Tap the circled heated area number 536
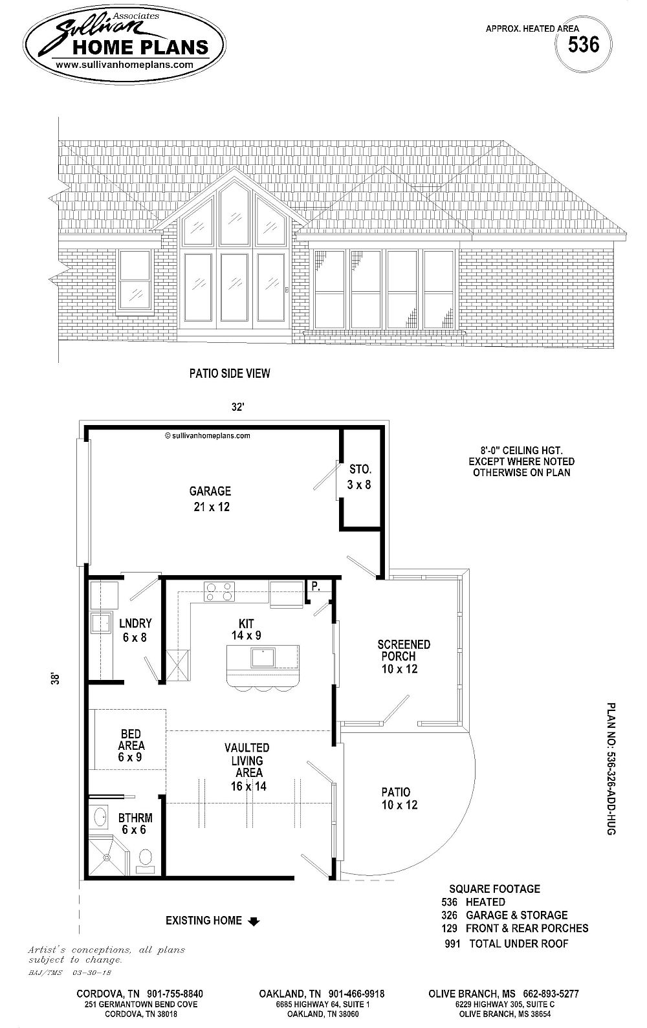tap(583, 45)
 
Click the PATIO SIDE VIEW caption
tap(230, 373)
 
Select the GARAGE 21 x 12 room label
tap(210, 499)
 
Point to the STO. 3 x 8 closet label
tap(359, 476)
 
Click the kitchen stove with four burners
tap(219, 591)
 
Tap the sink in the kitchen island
tap(262, 658)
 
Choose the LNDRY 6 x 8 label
tap(135, 629)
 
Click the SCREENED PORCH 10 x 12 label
tap(404, 657)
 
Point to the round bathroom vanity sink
tap(101, 817)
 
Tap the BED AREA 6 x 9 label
tap(131, 745)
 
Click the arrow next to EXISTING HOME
tap(254, 922)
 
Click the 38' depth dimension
tap(58, 679)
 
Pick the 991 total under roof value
tap(452, 944)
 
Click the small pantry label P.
tap(316, 586)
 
